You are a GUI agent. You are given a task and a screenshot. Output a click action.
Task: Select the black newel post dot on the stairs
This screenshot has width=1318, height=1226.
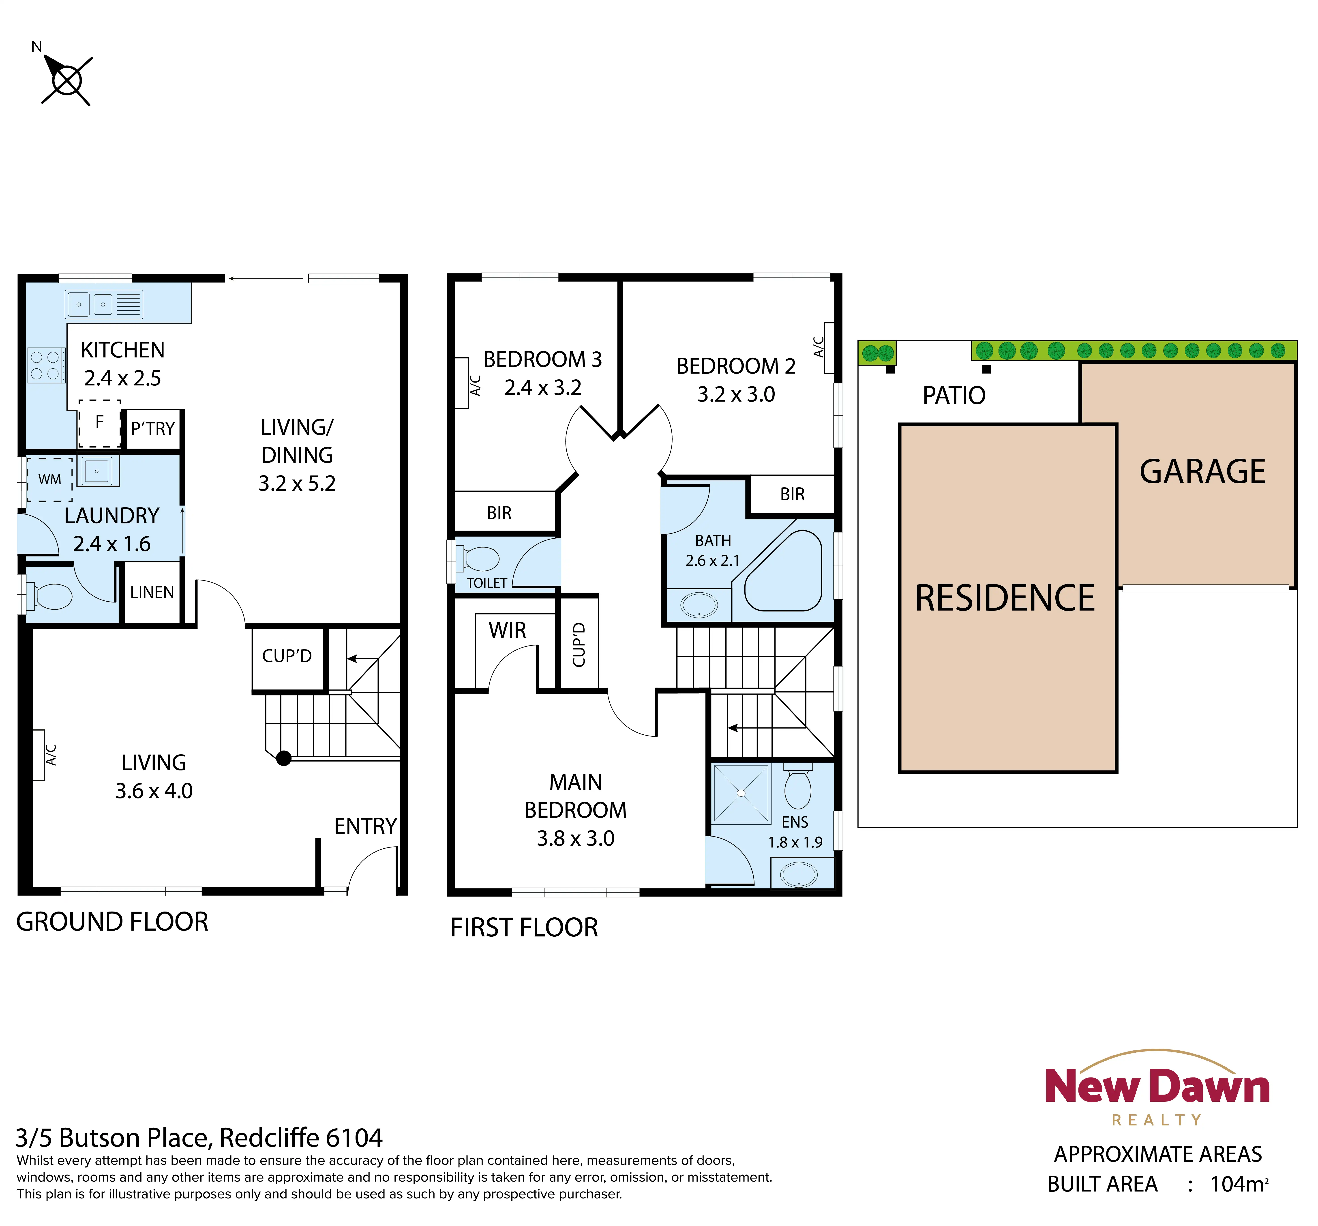tap(284, 758)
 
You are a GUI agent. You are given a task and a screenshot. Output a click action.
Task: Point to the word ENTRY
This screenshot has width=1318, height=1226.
tap(365, 826)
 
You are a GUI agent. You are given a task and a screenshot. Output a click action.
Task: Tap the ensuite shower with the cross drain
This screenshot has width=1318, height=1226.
tap(741, 793)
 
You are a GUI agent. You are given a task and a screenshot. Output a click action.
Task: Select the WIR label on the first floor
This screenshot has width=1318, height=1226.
tap(507, 630)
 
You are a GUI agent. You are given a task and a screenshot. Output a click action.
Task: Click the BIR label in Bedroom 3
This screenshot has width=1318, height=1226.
tap(499, 512)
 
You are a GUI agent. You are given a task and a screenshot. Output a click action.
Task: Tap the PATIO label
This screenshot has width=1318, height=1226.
tap(954, 396)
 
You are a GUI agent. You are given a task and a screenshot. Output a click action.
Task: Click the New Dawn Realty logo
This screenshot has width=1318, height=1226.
tap(1157, 1087)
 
